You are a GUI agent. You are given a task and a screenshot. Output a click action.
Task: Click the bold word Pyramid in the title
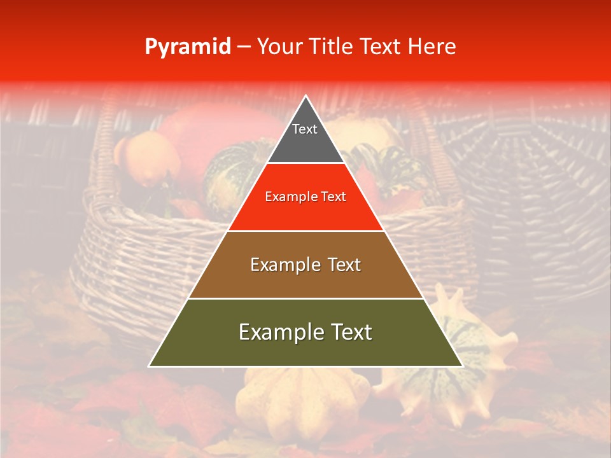[188, 47]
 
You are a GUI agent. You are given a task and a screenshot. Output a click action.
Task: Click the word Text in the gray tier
[305, 129]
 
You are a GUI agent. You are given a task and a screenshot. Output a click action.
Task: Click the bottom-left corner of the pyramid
[150, 366]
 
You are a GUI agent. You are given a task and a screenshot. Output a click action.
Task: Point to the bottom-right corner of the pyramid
[462, 366]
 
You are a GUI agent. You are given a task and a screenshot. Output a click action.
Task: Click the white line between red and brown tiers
[305, 231]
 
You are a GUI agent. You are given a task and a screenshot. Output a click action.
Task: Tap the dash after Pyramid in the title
[244, 47]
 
